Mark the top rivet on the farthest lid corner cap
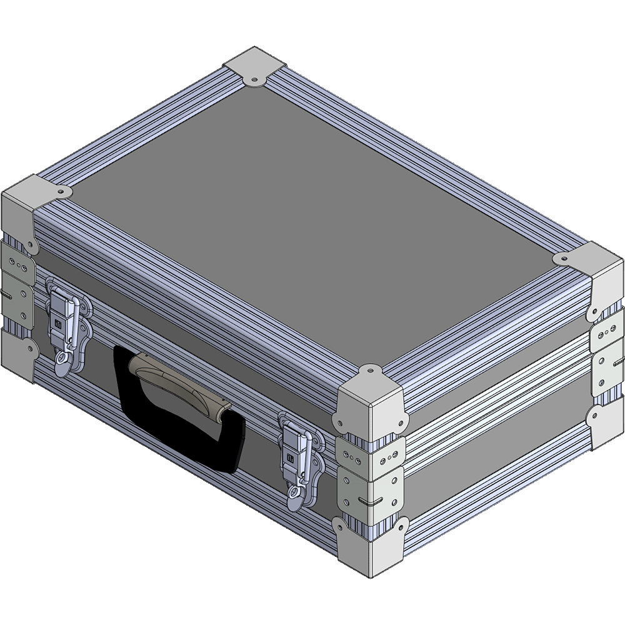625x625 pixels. [x=255, y=79]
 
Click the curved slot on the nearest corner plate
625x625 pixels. [x=374, y=501]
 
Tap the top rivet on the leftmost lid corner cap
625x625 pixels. [x=61, y=191]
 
